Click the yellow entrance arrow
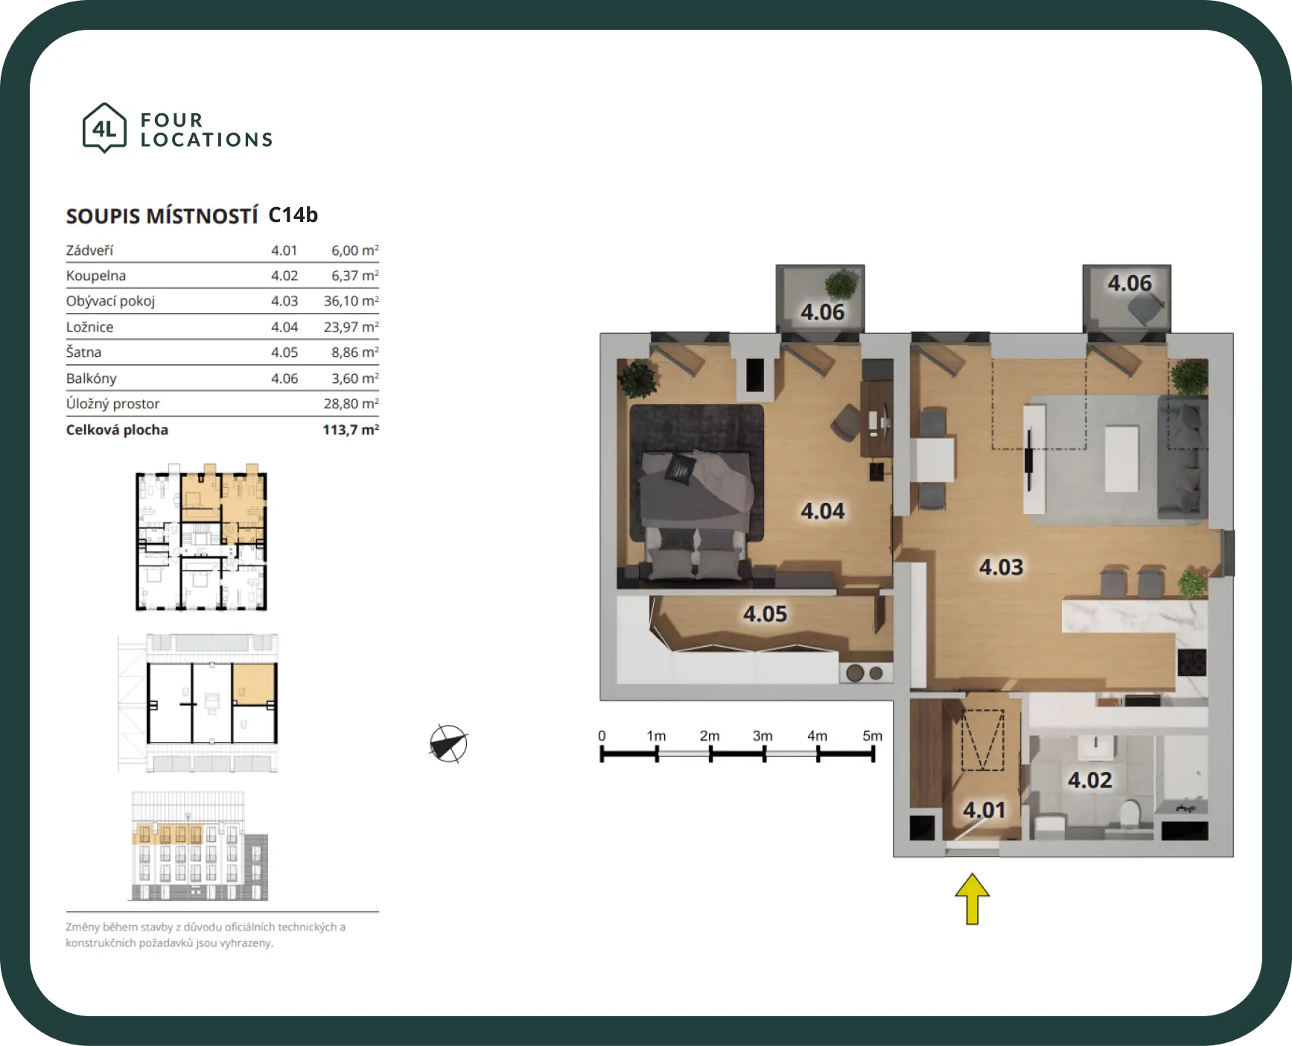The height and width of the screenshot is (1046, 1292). pos(972,898)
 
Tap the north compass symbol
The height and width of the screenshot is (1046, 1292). pos(448,744)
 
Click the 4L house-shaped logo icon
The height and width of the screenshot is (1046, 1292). pos(104,128)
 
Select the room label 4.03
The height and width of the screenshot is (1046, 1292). pos(1001,567)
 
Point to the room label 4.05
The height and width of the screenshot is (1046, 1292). pos(765,614)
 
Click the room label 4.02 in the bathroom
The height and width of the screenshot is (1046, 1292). pos(1089,780)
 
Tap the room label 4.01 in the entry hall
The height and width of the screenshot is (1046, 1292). pos(984,810)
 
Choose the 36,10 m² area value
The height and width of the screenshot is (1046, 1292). pos(351,301)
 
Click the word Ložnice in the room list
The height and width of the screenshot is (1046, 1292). pos(90,327)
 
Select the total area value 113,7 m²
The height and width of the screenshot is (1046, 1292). pos(351,430)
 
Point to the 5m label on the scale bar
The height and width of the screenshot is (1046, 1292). pos(873,735)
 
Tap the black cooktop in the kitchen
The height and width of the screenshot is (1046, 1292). pos(1191,662)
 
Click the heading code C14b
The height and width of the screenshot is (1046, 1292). pos(293,215)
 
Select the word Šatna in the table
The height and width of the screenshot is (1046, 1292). pos(83,352)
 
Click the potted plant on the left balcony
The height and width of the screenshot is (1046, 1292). pos(841,285)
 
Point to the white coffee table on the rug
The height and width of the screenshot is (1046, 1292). pos(1121,458)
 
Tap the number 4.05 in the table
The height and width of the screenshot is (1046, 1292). pos(284,352)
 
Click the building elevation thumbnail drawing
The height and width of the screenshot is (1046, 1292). pos(199,846)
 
